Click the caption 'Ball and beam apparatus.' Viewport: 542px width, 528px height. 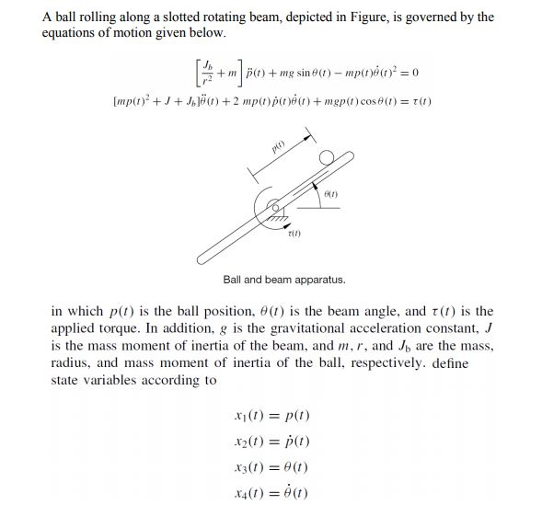tap(284, 280)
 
